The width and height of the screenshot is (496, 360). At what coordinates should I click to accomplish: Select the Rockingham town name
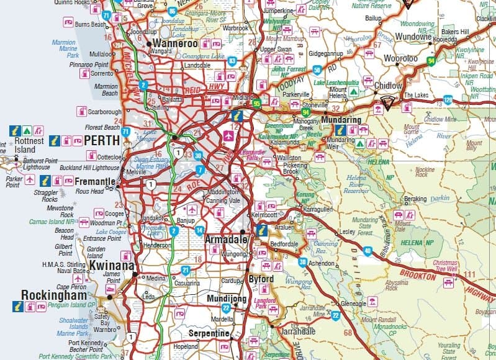(52, 294)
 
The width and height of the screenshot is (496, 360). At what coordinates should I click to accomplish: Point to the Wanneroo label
(176, 44)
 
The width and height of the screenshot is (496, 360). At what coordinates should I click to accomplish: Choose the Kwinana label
(112, 266)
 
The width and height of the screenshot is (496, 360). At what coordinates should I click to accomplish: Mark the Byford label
(261, 279)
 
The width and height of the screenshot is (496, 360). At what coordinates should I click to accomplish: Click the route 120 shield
(448, 99)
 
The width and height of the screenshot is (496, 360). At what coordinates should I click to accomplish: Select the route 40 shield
(368, 251)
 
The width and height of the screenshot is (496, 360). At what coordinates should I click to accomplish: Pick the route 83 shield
(232, 61)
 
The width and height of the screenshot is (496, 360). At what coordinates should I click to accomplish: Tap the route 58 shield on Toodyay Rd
(317, 70)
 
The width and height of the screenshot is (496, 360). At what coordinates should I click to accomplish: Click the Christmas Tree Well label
(444, 266)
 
